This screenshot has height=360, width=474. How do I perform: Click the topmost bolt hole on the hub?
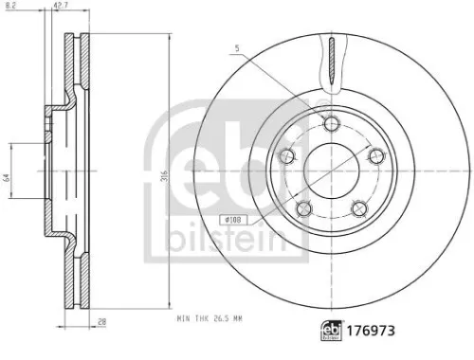point(330,123)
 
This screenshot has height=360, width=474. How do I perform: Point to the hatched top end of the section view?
point(69,45)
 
